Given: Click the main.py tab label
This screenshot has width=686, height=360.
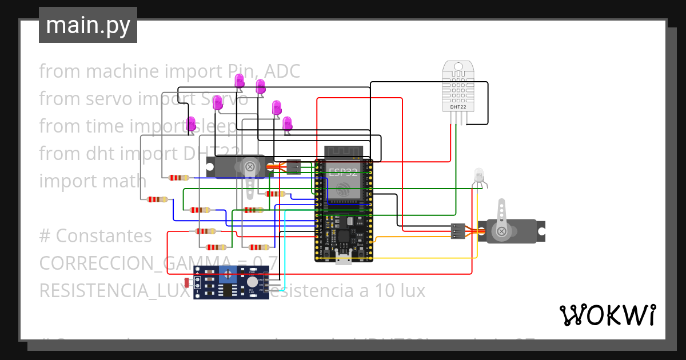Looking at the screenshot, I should pos(87,25).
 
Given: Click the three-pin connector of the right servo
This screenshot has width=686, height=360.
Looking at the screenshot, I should pos(457,231).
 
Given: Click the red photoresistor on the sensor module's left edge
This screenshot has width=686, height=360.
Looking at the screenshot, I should pos(187,282).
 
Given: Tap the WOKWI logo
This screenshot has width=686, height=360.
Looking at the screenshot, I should pos(607,315).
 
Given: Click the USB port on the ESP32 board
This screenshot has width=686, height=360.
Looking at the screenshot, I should pos(344,260).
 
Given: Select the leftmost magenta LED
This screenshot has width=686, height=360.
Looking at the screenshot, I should pos(192,123).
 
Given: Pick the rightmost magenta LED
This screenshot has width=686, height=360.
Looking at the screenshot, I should pos(287,123).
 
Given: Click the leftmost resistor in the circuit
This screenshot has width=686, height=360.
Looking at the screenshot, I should pos(157,199).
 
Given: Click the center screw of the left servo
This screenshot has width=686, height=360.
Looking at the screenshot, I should pos(250,167).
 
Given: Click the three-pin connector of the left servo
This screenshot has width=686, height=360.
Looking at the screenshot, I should pos(293,167).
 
